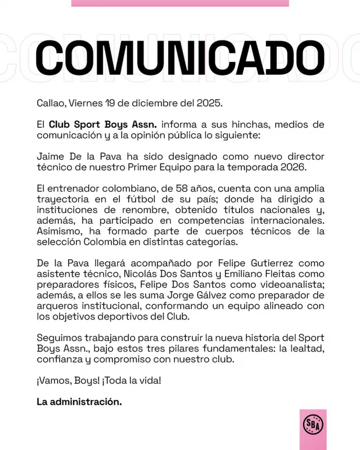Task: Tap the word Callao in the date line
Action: click(x=50, y=104)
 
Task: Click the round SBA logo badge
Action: click(x=312, y=425)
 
